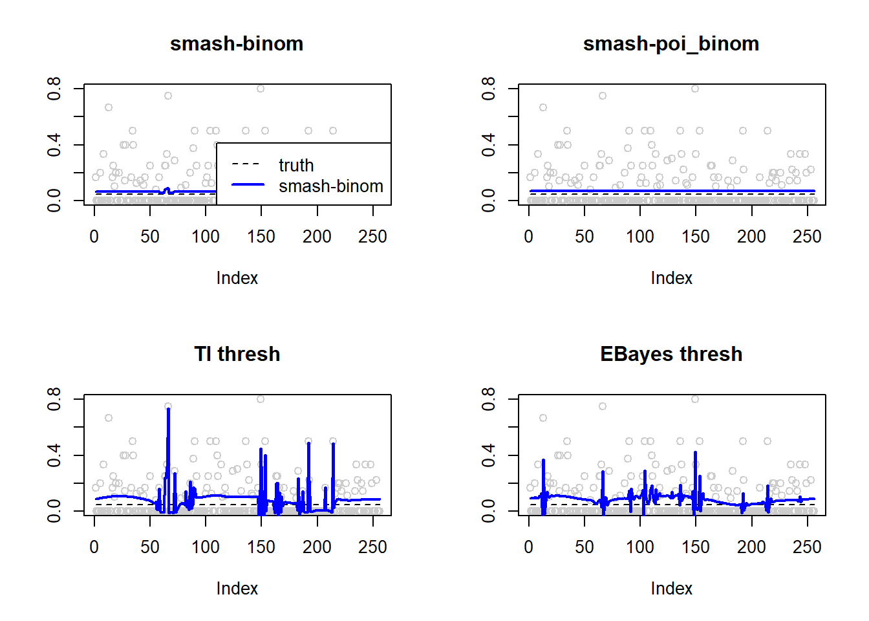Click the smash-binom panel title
(237, 43)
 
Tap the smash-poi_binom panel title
(671, 43)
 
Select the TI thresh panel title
(237, 354)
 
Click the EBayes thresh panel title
(671, 354)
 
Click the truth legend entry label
(296, 166)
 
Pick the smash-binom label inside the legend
(330, 186)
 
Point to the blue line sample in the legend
(248, 185)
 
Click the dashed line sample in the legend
(248, 164)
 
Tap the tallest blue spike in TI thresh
(168, 410)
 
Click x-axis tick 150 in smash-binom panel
(261, 237)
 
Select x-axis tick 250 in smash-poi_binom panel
(807, 237)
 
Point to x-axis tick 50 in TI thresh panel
(150, 547)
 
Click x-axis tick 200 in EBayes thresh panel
(751, 547)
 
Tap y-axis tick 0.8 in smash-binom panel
(54, 88)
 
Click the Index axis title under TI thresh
(237, 589)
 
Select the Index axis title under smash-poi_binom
(671, 278)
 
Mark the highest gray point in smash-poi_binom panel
(695, 89)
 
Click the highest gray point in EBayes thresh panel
(695, 399)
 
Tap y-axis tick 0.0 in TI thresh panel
(54, 511)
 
